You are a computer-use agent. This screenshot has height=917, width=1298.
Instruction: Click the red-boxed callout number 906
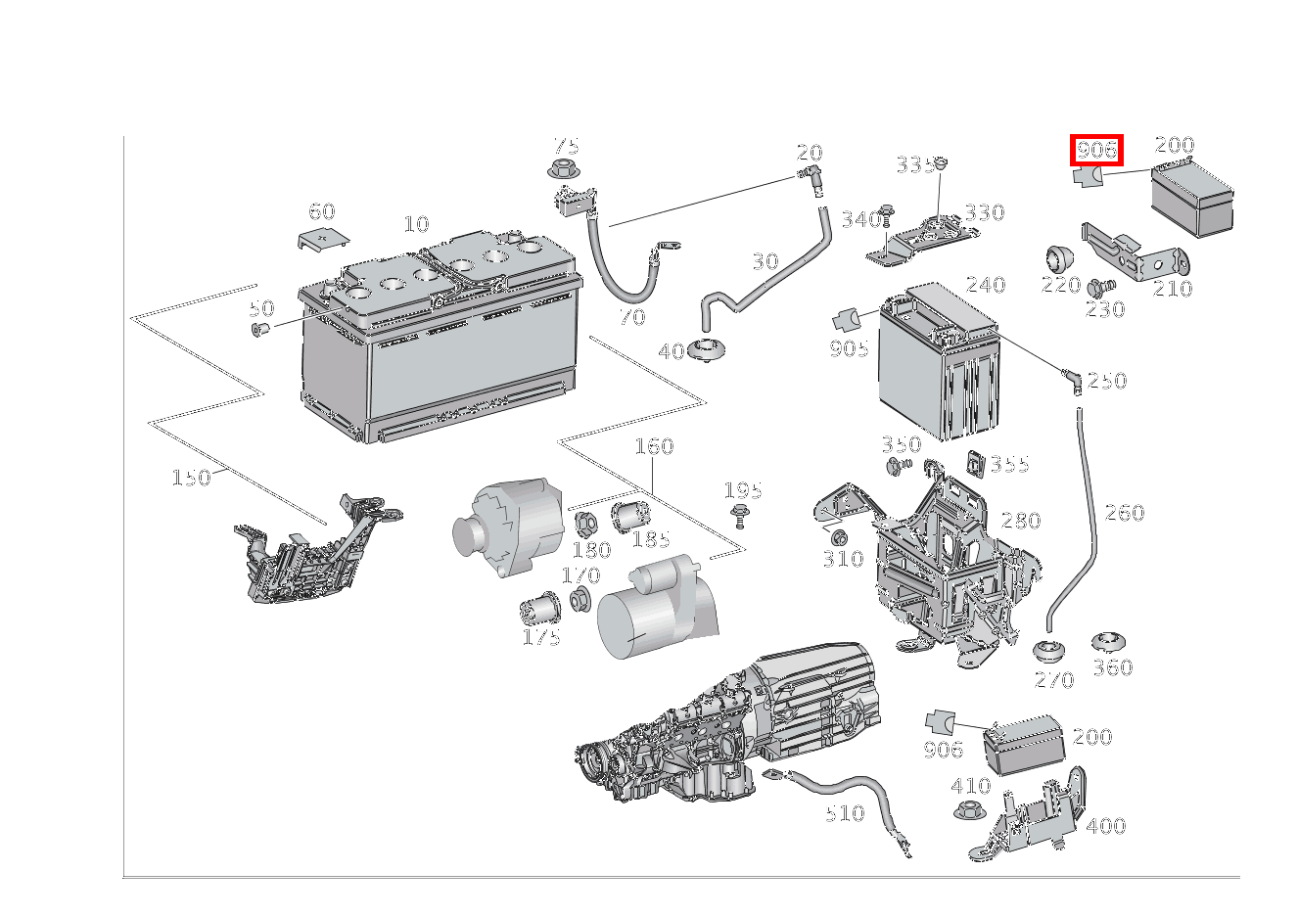[1096, 150]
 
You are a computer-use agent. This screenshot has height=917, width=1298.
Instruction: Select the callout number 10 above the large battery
[416, 224]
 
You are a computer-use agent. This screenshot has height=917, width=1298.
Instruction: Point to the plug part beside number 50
[260, 329]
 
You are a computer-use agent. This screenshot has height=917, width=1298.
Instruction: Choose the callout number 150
[191, 478]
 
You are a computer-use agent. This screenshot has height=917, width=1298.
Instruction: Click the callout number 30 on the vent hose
[765, 261]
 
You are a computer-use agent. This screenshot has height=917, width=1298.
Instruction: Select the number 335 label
[914, 165]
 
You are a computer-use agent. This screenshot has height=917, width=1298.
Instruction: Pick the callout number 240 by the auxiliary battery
[985, 285]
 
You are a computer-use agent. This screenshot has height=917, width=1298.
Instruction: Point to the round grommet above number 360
[1110, 643]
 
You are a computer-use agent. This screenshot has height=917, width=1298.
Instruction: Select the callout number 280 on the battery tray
[1020, 521]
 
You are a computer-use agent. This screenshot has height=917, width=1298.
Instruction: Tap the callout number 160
[654, 447]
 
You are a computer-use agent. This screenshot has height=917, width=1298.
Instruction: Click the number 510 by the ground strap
[844, 813]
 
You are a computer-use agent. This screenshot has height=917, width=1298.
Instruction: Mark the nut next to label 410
[968, 810]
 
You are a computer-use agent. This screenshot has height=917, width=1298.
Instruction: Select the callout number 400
[1105, 826]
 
